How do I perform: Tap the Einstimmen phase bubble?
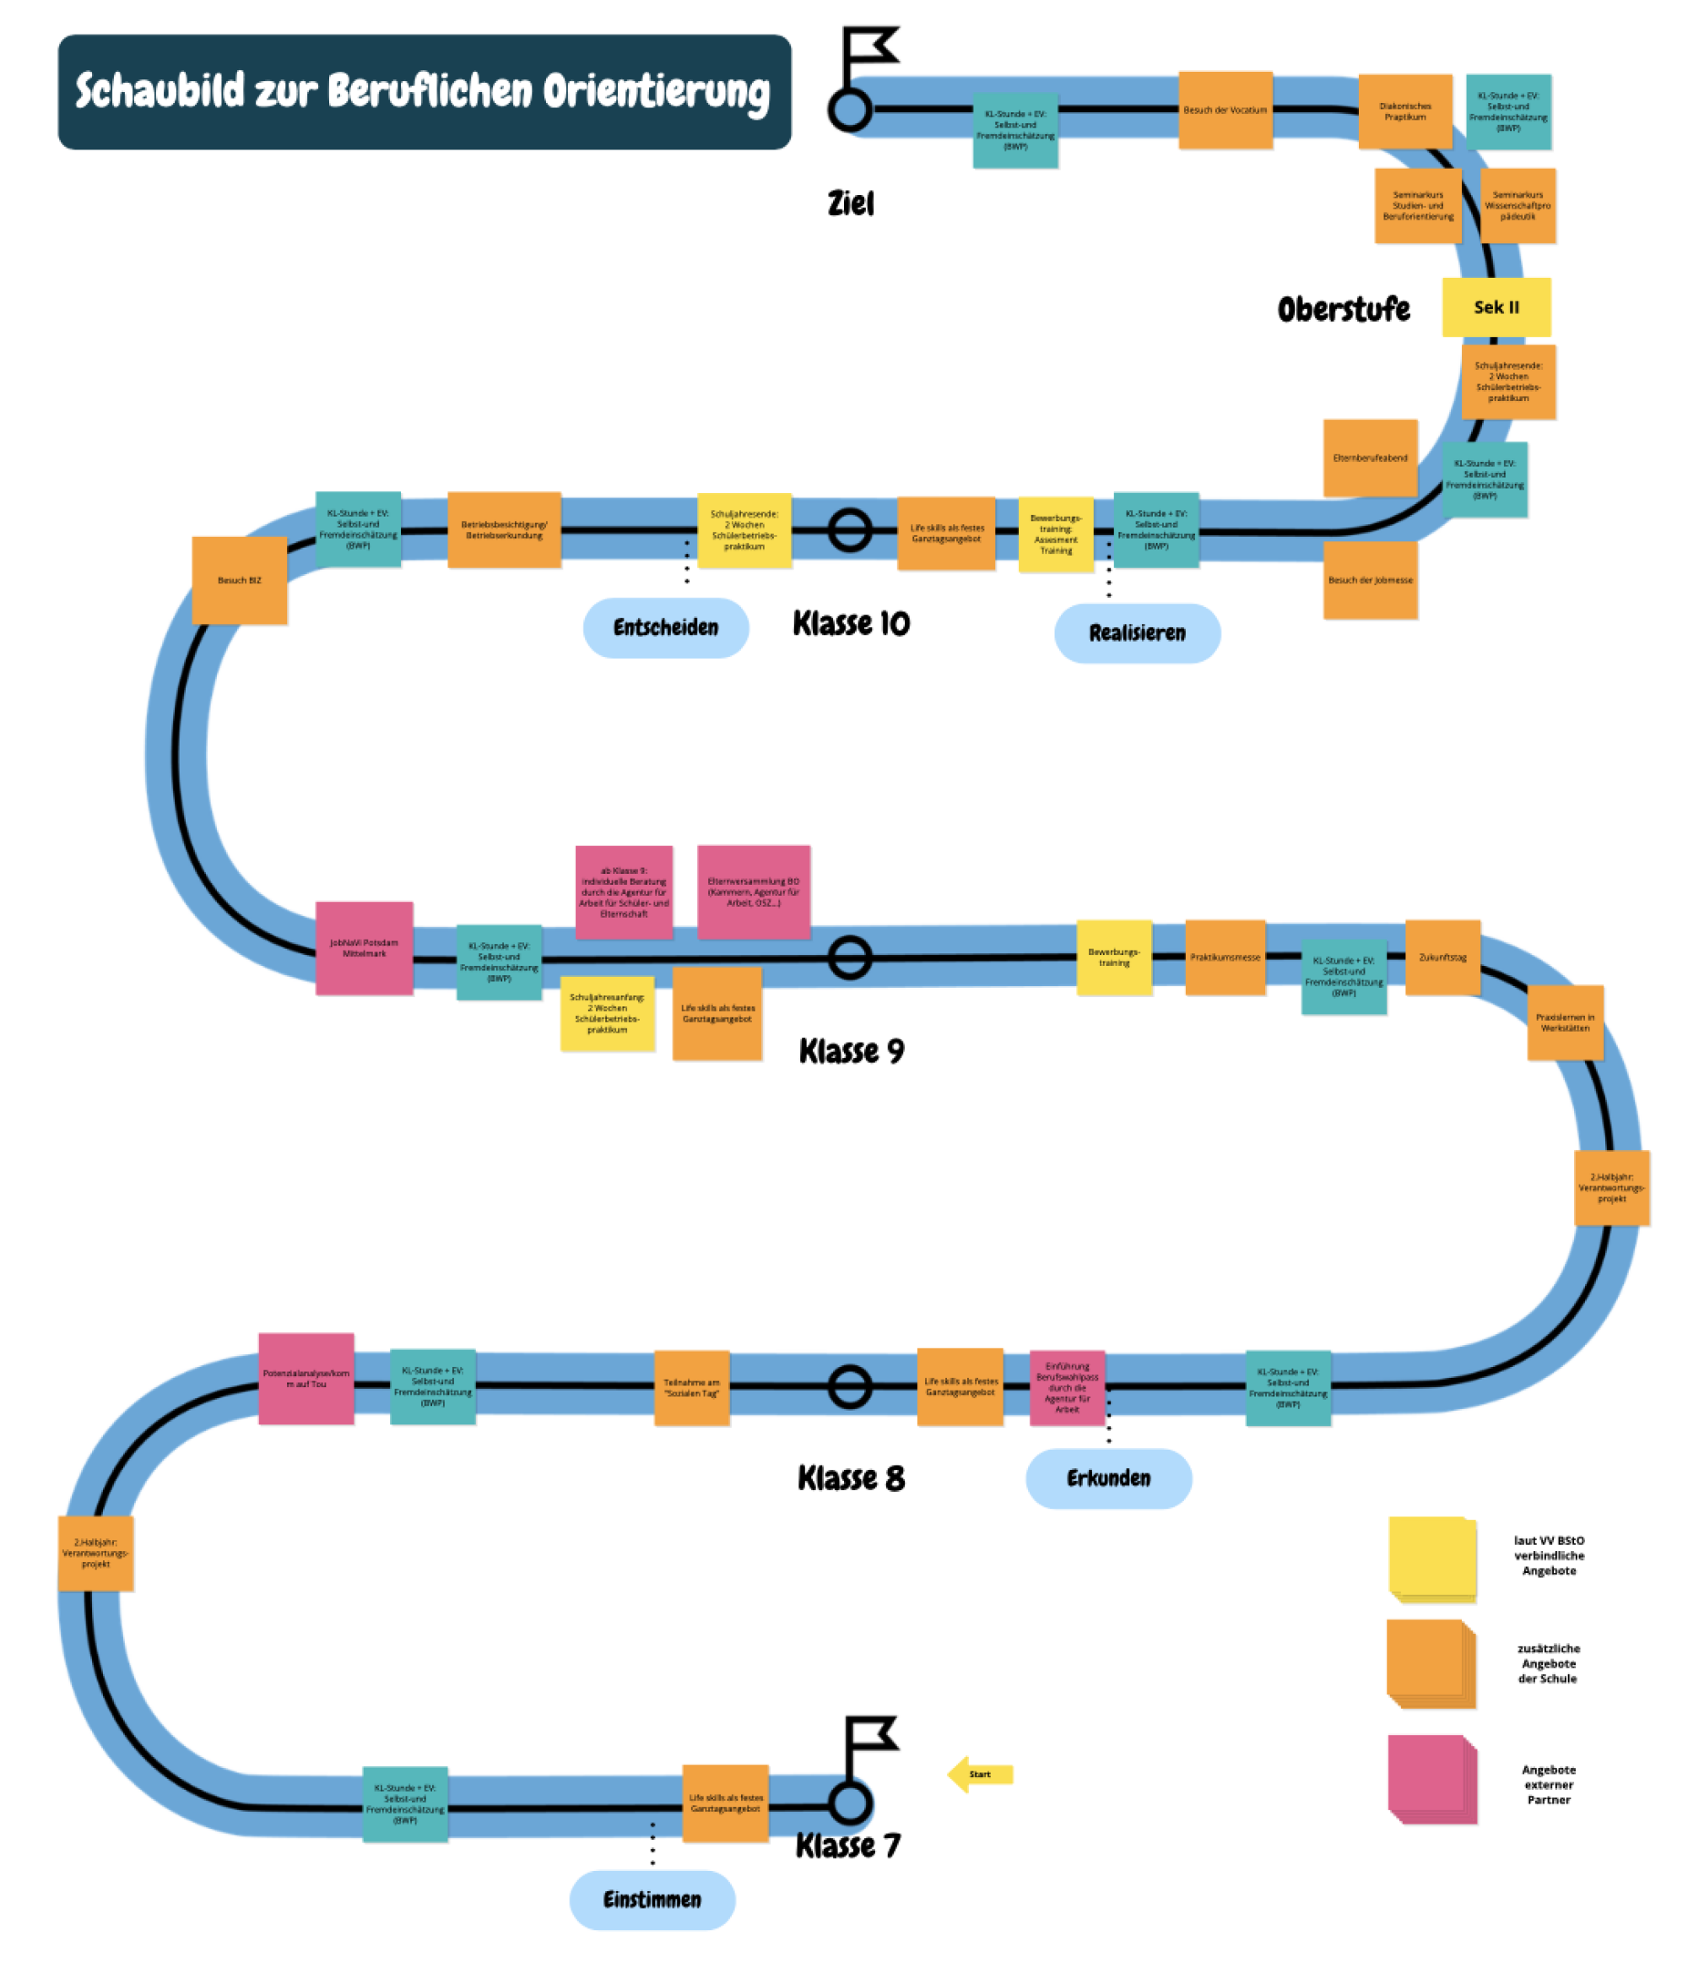(652, 1900)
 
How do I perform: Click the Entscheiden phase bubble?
(665, 627)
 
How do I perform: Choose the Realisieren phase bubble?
(1137, 633)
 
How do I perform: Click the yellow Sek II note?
(1496, 307)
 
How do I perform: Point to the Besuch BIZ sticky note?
(240, 580)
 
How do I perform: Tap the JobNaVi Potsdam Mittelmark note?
(364, 947)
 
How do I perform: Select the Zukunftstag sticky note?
(1442, 957)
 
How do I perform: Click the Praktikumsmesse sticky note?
(1225, 957)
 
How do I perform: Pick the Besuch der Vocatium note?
(1225, 110)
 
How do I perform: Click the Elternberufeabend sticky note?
(1370, 458)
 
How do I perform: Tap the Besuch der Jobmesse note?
(1370, 580)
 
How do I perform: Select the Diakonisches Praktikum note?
(1404, 111)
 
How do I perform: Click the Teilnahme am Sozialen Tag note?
(691, 1388)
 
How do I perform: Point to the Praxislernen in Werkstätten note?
(1565, 1022)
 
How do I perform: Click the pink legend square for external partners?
(1431, 1778)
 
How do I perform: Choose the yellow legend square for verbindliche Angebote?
(1431, 1559)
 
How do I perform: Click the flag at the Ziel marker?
(868, 47)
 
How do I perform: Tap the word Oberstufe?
(1343, 309)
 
